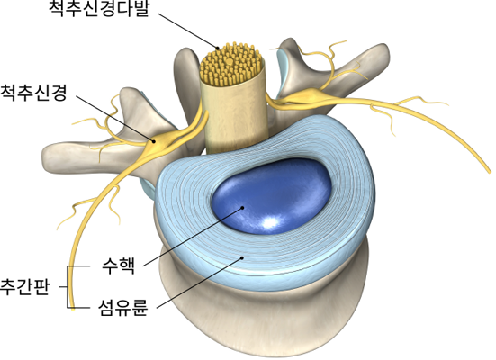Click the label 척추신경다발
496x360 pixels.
point(98,9)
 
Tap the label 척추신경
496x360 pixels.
point(33,93)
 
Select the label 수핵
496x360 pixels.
point(118,266)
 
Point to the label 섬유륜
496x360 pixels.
point(122,308)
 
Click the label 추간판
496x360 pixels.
point(24,287)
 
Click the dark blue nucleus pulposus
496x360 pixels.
point(272,196)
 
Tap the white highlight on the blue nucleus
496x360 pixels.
point(270,222)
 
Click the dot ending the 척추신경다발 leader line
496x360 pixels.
point(218,49)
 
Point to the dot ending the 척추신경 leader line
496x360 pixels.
point(154,141)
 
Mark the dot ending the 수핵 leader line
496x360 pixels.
point(243,208)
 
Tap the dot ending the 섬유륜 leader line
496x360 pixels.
point(242,257)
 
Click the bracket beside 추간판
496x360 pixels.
point(68,287)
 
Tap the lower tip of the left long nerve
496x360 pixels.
point(72,309)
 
